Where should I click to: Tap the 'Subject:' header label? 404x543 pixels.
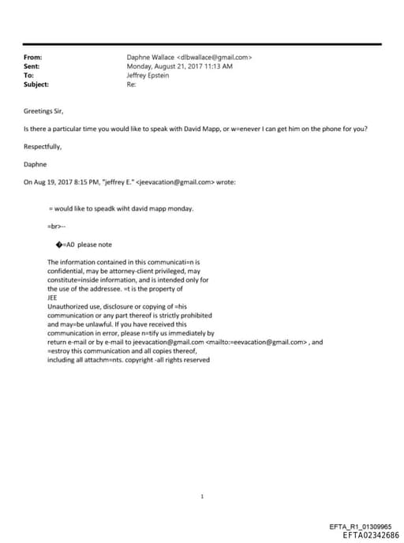[x=36, y=84]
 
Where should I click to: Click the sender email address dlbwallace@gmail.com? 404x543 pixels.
[x=215, y=58]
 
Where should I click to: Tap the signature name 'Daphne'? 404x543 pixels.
[x=36, y=164]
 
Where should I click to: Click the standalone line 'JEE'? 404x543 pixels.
[x=53, y=298]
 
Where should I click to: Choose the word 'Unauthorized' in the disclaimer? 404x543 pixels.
[x=67, y=306]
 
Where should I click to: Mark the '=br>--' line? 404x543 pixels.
[x=57, y=226]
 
